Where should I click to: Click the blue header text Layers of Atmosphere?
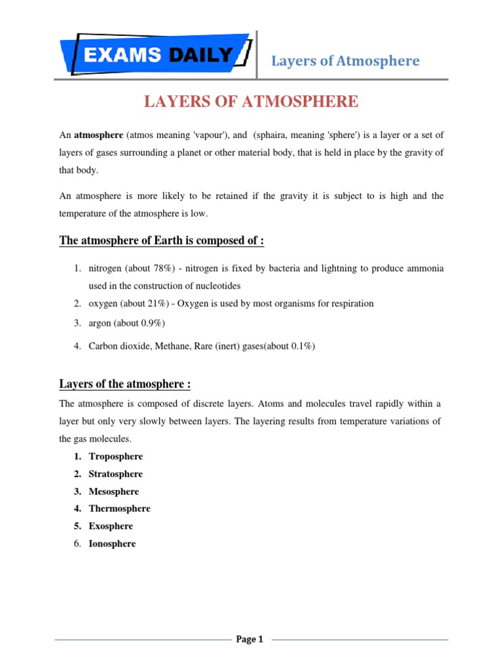click(346, 61)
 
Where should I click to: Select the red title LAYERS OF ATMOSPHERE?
click(251, 101)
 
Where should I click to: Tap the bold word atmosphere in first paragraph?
click(98, 135)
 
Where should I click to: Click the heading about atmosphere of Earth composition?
click(162, 240)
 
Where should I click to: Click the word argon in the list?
click(100, 323)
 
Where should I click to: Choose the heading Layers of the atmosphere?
click(125, 383)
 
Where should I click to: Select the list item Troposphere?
click(116, 457)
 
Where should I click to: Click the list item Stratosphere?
click(116, 474)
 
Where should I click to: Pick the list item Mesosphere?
click(114, 491)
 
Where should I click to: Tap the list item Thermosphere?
click(120, 508)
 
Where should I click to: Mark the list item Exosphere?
click(111, 526)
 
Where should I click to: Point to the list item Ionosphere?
click(113, 544)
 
